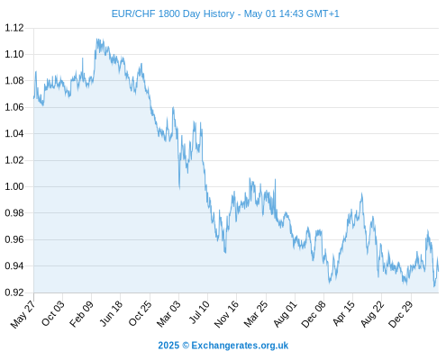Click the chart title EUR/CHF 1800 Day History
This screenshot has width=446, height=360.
click(x=173, y=13)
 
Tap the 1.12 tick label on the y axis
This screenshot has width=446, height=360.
click(x=14, y=28)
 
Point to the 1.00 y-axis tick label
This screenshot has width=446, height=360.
click(x=14, y=186)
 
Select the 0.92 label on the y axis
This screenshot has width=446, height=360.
click(x=14, y=292)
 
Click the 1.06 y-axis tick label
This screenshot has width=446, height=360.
click(x=14, y=107)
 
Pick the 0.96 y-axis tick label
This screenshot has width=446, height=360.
click(x=14, y=239)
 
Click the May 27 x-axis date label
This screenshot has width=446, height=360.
click(x=23, y=314)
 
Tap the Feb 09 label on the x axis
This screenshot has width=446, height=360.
click(x=82, y=313)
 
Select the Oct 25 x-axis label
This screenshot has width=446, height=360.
click(x=140, y=313)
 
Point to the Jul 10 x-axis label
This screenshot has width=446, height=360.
click(x=199, y=312)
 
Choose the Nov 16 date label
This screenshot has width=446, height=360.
click(x=226, y=314)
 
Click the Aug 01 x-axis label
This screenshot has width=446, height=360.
click(x=285, y=314)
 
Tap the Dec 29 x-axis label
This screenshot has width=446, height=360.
click(x=401, y=314)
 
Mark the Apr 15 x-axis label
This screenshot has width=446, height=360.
click(x=343, y=313)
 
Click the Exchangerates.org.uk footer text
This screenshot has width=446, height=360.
click(x=240, y=346)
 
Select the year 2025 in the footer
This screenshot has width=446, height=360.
click(x=168, y=346)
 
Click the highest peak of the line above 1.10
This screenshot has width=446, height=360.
click(x=96, y=39)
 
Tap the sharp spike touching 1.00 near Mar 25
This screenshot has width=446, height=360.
click(x=275, y=180)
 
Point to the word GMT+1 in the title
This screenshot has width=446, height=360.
click(x=323, y=13)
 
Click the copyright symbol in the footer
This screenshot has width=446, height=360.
click(x=186, y=346)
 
